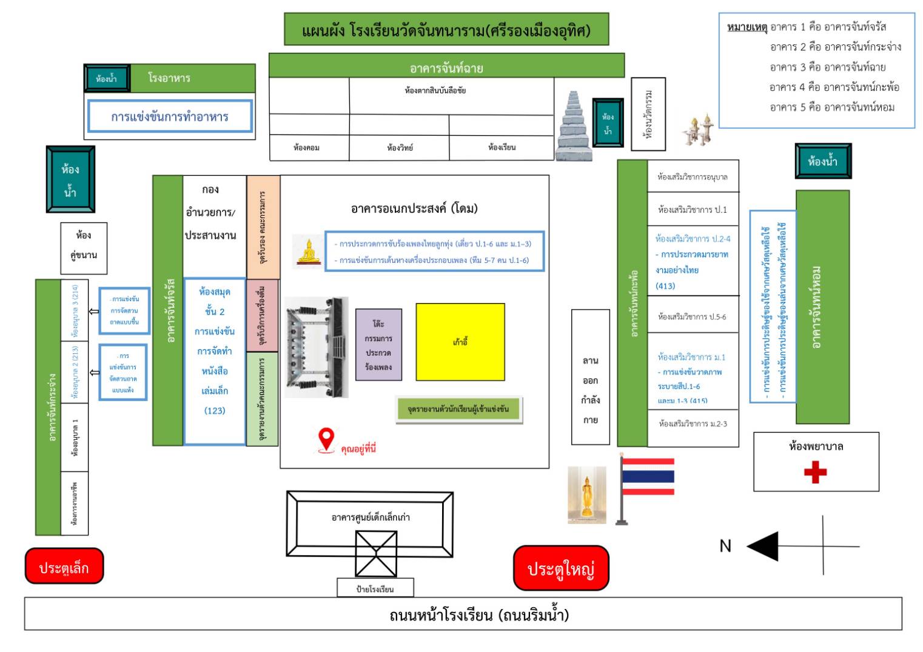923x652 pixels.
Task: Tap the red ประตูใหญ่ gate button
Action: pos(561,568)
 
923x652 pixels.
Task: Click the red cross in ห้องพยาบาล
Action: pos(815,472)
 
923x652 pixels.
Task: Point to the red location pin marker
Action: pos(326,439)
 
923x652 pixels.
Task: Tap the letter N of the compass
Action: pos(725,547)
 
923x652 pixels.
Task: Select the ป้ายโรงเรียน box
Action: pos(375,588)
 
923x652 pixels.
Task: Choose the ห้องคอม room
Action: pos(307,147)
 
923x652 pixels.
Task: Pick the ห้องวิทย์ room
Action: pos(400,147)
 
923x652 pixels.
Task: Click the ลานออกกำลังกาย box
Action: pos(590,377)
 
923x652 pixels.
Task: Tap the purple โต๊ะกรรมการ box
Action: pos(378,345)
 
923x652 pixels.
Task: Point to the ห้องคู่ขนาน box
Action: pos(84,244)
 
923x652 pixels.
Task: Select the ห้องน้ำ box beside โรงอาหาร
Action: pos(107,79)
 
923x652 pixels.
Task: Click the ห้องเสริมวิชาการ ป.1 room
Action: pos(693,209)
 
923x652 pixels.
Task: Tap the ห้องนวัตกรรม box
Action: pos(648,114)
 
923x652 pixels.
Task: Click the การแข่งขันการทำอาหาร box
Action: pos(170,116)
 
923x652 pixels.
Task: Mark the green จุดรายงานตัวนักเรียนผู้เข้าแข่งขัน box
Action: pos(458,410)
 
